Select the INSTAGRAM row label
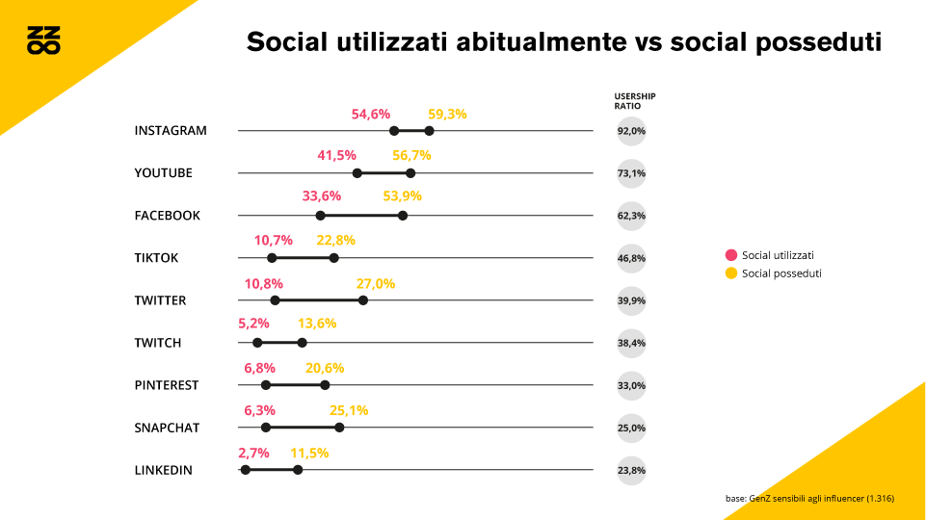tap(171, 131)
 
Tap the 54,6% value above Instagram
tap(371, 114)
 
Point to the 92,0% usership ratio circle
tap(631, 131)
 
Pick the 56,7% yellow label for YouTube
tap(411, 155)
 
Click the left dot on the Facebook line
tap(320, 216)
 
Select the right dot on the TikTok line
tap(334, 258)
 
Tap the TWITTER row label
tap(160, 300)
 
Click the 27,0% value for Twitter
tap(376, 283)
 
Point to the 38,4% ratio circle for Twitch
tap(631, 343)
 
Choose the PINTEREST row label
tap(166, 385)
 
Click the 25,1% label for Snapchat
tap(349, 410)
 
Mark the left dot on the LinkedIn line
tap(246, 470)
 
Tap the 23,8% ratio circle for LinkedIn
tap(631, 470)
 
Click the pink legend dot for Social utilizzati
tap(731, 255)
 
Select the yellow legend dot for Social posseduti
tap(731, 273)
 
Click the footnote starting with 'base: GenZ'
tap(809, 499)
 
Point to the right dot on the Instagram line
tap(429, 131)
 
